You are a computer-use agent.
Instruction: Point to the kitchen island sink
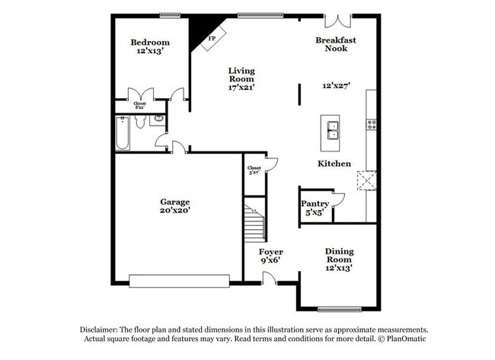coord(331,129)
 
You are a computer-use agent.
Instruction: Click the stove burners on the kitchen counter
coord(371,124)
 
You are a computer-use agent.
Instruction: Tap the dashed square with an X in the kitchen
coord(366,180)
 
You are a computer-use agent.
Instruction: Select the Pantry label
coord(315,203)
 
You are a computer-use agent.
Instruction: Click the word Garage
coord(174,202)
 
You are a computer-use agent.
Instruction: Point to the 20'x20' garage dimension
coord(174,211)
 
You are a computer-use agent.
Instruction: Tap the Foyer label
coord(270,251)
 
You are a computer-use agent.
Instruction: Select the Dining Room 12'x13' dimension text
coord(339,267)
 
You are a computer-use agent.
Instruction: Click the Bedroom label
coord(150,42)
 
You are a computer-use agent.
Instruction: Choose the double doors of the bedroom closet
coord(140,95)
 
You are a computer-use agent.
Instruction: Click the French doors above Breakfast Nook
coord(336,21)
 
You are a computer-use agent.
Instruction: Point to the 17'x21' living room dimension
coord(241,87)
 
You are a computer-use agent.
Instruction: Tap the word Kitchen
coord(334,164)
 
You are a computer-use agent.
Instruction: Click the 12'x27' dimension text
coord(336,86)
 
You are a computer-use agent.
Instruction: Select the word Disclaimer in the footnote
coord(102,330)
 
